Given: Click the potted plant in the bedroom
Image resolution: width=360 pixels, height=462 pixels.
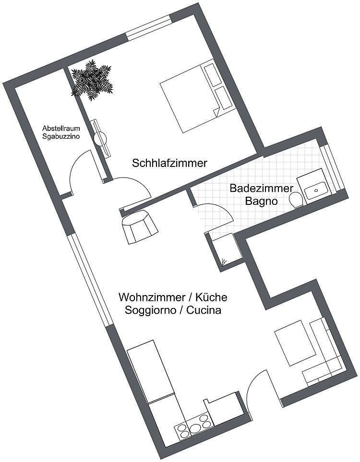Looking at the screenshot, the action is pos(92,80).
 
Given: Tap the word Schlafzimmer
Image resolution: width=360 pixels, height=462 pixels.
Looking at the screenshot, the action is pos(169,163).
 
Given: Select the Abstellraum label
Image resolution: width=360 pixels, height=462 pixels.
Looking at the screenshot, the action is pos(61,129).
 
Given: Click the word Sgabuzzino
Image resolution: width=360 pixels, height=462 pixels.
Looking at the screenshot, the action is pos(61,136).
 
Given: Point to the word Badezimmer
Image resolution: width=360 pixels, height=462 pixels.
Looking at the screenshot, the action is pos(261,188).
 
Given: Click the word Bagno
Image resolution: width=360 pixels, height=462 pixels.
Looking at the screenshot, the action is pos(261,201).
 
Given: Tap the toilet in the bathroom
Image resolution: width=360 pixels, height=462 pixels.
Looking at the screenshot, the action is pos(296,200).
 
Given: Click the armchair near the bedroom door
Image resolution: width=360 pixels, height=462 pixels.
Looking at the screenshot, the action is pos(140,227).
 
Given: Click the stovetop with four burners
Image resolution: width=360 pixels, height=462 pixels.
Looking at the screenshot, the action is pos(193,427).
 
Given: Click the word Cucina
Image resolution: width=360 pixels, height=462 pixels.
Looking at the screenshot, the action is pos(204,310).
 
